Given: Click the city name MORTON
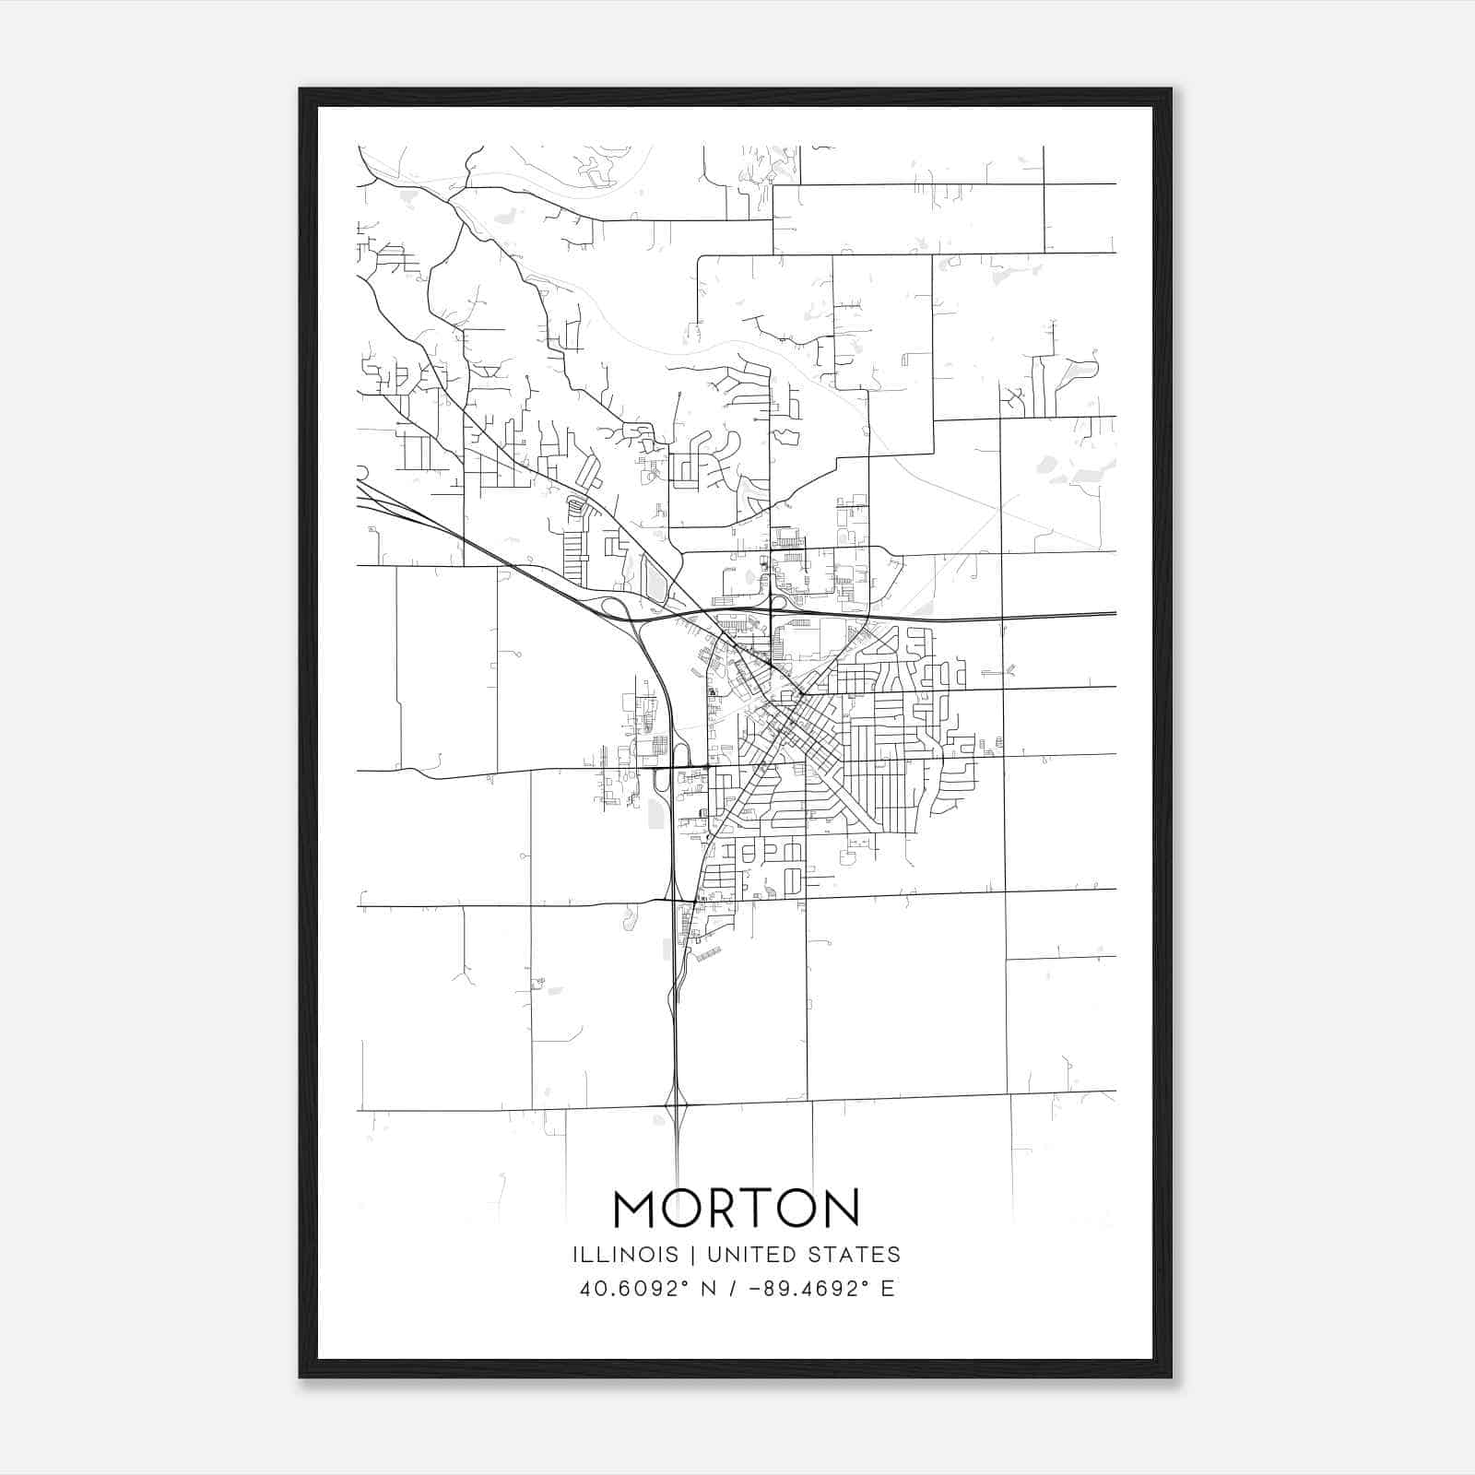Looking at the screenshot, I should [x=736, y=1208].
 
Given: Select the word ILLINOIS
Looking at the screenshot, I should [x=625, y=1255].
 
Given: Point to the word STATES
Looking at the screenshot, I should [x=857, y=1255].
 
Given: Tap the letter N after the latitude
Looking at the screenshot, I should [x=710, y=1289].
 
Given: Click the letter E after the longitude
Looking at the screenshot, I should [x=888, y=1289].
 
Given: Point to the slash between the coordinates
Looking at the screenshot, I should [x=733, y=1289].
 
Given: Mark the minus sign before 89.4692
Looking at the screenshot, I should [x=756, y=1289].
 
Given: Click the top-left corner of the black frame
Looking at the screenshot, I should [x=301, y=89].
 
